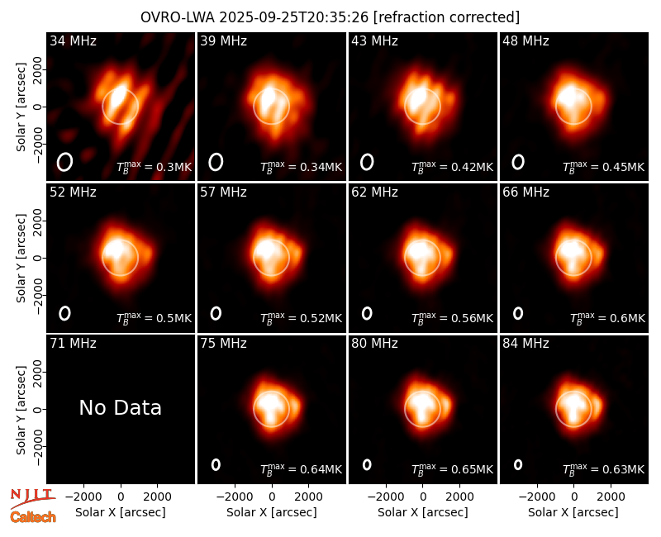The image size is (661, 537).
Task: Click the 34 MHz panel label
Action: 73,40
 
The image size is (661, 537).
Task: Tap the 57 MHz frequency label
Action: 223,192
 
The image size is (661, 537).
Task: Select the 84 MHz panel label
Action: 525,344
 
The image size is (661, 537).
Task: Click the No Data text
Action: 121,407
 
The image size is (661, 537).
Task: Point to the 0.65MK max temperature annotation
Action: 452,468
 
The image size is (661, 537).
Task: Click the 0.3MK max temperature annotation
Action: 155,166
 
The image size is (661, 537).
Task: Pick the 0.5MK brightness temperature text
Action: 155,317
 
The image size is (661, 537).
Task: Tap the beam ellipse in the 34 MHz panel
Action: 65,162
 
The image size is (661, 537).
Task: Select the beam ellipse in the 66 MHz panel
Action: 518,313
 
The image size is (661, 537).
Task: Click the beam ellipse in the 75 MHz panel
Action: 216,464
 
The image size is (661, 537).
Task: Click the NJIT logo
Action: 32,497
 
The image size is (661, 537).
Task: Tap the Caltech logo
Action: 33,517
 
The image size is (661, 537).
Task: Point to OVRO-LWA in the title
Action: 178,17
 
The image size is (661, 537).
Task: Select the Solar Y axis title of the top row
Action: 21,107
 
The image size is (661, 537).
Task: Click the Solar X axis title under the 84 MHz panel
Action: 573,512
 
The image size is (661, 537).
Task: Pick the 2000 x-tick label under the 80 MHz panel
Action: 459,497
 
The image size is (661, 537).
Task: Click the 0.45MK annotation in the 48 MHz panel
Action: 604,166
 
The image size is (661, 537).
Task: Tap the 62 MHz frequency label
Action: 375,192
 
